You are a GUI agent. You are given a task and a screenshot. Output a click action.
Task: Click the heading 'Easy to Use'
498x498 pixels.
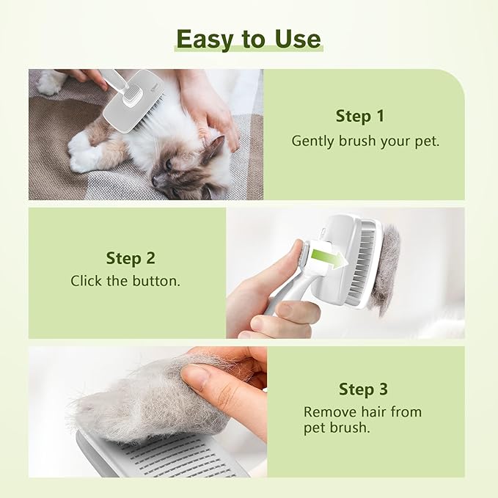click(x=249, y=38)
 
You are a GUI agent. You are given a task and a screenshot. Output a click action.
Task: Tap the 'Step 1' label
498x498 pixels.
click(x=359, y=116)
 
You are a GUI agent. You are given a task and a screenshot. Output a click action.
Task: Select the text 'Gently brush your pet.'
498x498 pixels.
click(x=365, y=141)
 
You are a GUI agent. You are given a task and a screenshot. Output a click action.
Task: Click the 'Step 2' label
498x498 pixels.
click(x=131, y=257)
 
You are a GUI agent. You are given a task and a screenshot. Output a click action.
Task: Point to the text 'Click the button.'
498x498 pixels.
click(x=125, y=281)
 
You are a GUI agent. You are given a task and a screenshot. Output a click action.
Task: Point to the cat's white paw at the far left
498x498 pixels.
click(x=49, y=83)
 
